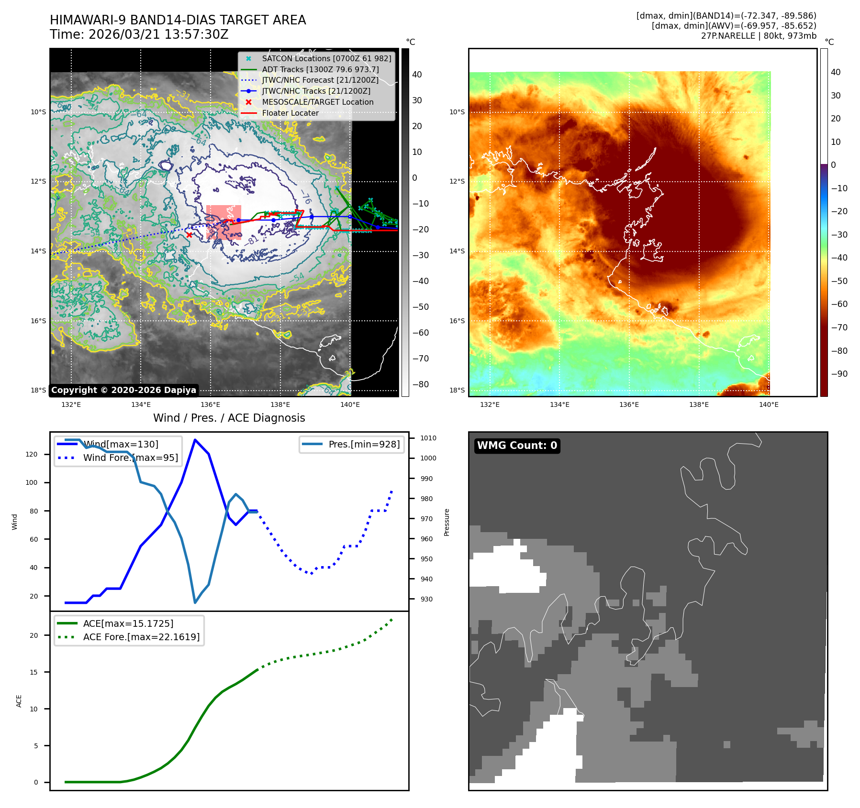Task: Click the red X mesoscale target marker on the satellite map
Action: tap(189, 235)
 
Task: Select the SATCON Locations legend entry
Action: tap(326, 58)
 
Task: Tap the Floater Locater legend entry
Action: tap(290, 113)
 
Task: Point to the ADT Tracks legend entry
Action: tap(320, 69)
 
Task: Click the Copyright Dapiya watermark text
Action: tap(123, 390)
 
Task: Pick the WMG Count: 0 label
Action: tap(517, 446)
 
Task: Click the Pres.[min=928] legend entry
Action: tap(364, 445)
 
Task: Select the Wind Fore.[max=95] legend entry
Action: tap(130, 458)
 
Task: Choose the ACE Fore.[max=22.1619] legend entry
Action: tap(141, 637)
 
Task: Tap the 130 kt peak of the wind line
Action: tap(195, 440)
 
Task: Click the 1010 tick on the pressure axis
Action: tap(428, 438)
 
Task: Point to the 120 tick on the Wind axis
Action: tap(32, 454)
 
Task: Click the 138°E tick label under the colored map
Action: tap(699, 404)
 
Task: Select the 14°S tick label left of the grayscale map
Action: tap(38, 251)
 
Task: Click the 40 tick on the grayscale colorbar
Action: tap(417, 75)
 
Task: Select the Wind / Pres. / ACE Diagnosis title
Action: tap(229, 418)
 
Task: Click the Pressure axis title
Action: tap(447, 522)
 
